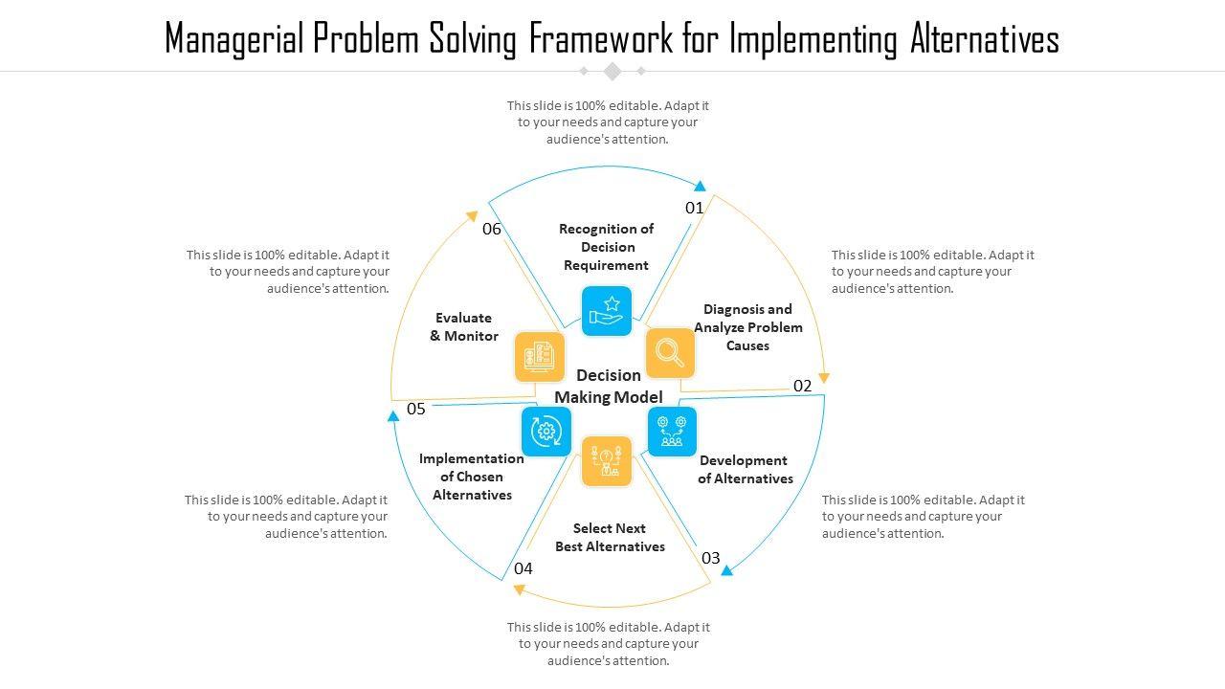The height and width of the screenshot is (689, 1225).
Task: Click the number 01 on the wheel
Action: [695, 208]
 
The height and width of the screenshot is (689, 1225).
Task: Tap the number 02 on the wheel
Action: [802, 386]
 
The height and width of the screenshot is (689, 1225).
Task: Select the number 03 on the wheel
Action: [710, 558]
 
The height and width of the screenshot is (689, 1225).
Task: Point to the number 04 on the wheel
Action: [523, 568]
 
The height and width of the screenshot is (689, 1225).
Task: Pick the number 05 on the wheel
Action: [415, 409]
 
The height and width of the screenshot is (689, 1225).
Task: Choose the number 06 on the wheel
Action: [492, 229]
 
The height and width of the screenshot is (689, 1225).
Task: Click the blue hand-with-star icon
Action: [607, 311]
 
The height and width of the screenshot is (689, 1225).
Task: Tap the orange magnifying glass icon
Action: [670, 353]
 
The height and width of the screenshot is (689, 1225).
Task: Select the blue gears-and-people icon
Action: [672, 431]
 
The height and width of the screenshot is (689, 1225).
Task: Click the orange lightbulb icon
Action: [607, 460]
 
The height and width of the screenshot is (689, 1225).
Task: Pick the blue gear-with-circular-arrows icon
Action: [546, 431]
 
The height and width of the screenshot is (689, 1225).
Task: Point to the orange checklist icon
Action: [540, 357]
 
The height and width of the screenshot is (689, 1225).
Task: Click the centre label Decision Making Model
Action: [609, 386]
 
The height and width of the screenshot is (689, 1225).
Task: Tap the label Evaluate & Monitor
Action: [464, 326]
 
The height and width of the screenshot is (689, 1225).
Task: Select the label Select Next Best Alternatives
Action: [611, 537]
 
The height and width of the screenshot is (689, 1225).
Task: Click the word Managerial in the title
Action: [234, 39]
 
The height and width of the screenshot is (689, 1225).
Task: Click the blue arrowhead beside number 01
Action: [700, 186]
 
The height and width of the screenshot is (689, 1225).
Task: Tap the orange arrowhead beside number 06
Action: [471, 216]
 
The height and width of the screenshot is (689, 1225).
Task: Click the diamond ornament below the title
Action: [612, 71]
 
